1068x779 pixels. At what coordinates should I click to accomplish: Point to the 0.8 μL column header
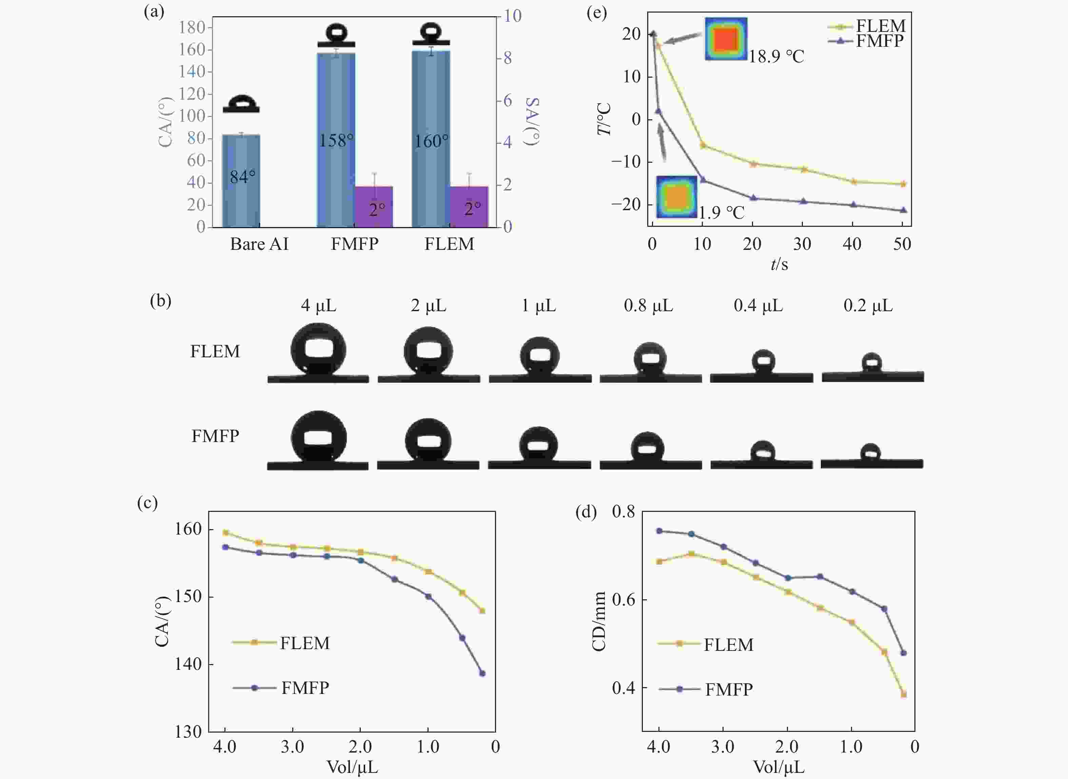(648, 305)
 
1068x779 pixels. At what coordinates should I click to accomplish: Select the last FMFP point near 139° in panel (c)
(482, 673)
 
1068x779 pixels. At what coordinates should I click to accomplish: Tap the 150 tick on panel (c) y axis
(188, 597)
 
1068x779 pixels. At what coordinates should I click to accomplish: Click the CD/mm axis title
(599, 621)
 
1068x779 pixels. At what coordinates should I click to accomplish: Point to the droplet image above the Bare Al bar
(241, 104)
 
